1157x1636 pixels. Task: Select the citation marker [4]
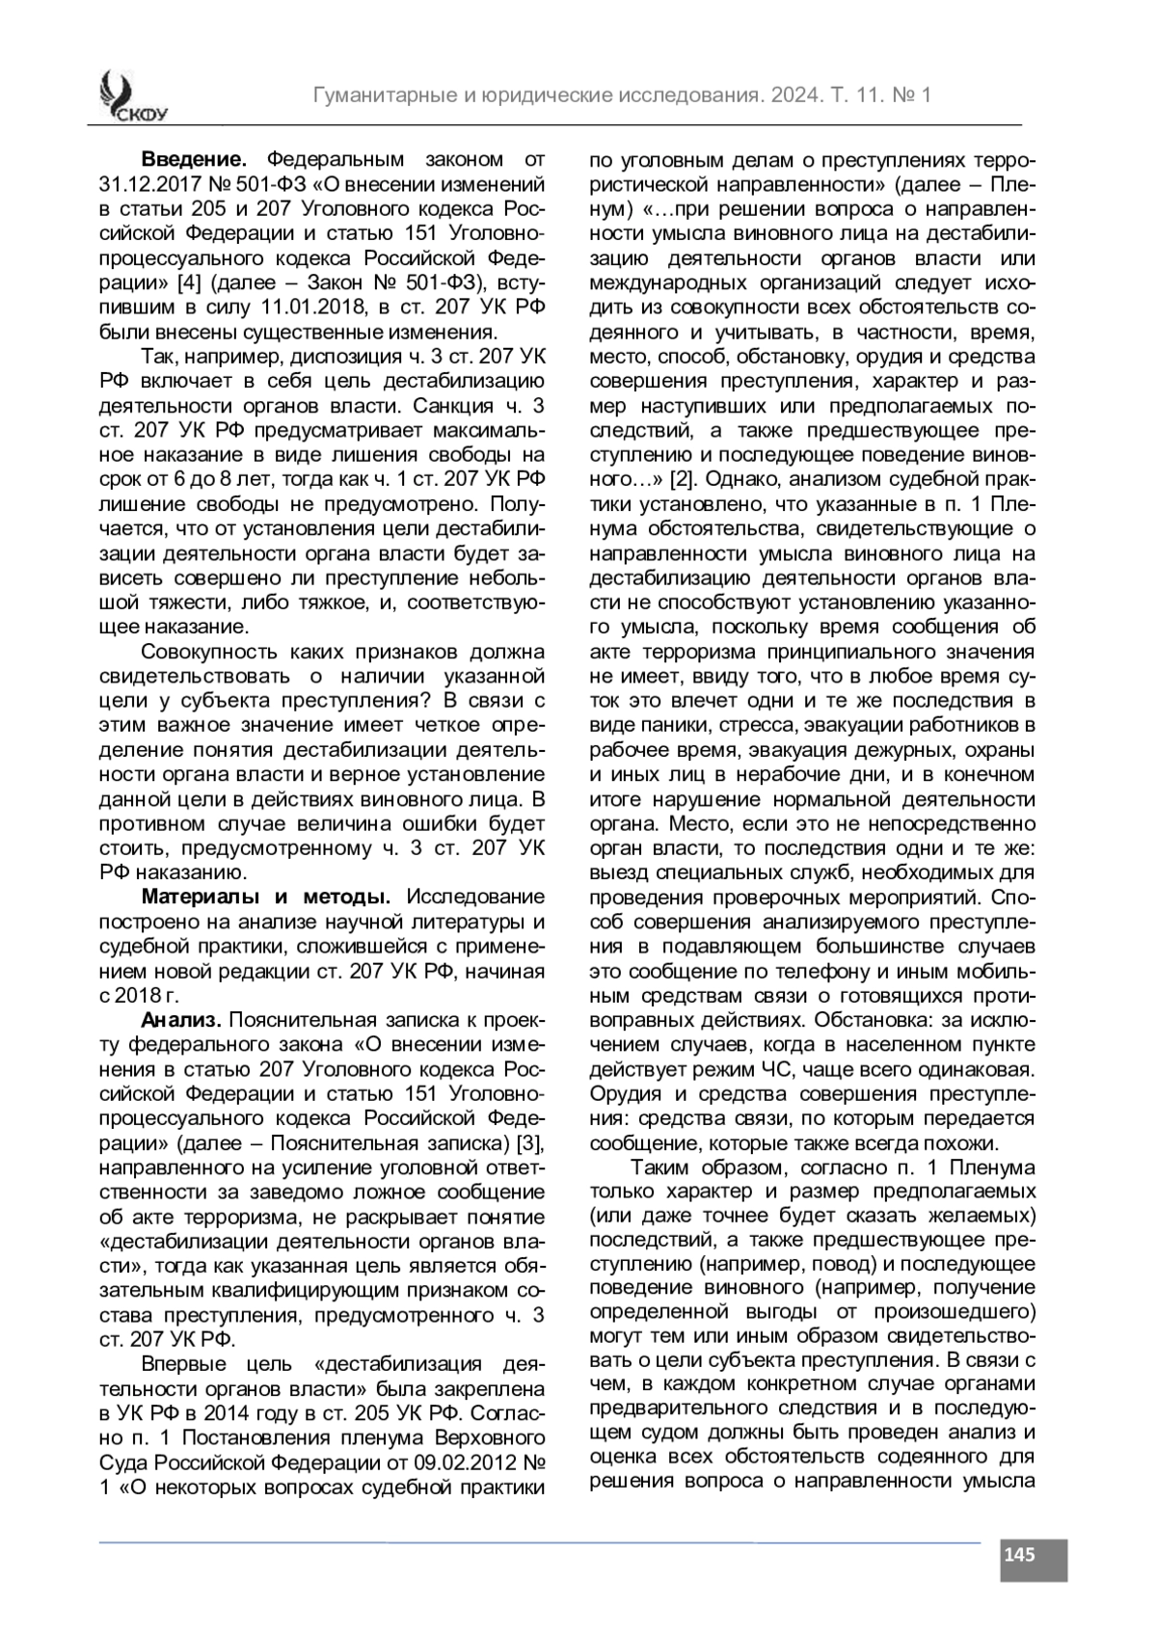188,283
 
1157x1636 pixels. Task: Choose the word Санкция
457,405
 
